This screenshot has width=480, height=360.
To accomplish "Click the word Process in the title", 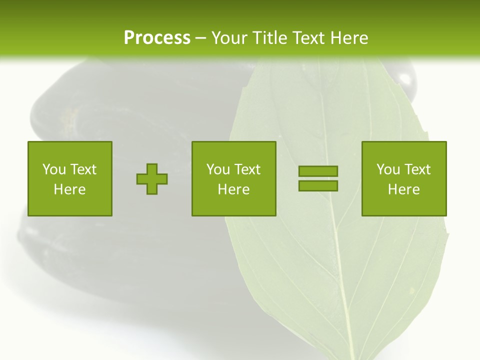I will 157,38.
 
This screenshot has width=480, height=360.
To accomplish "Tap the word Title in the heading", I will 271,38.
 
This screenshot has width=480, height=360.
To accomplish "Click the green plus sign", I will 152,179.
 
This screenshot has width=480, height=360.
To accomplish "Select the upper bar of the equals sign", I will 318,171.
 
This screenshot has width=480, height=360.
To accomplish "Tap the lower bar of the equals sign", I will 318,185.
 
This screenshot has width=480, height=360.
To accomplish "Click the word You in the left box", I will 54,169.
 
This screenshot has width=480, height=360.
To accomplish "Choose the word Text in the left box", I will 83,169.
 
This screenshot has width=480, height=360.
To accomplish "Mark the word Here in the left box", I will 69,189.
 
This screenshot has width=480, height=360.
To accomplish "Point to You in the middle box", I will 218,169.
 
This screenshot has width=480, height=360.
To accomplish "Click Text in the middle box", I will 247,169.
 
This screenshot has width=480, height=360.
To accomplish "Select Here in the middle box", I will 233,189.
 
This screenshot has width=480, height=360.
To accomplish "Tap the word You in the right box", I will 388,169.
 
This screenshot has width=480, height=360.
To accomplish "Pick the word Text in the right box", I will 417,169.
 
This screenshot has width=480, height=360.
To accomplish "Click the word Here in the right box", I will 403,189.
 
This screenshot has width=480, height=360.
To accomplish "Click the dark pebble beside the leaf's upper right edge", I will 407,80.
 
